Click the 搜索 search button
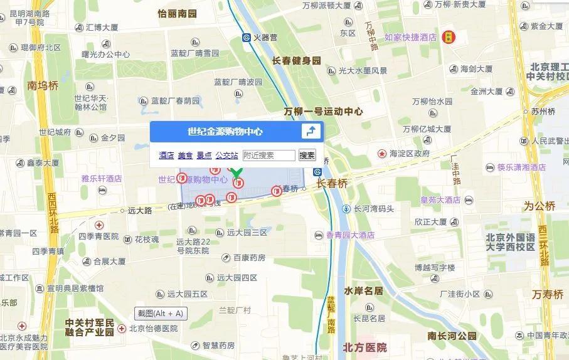[x=307, y=156]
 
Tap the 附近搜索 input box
[x=269, y=156]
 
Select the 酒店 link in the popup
[x=166, y=156]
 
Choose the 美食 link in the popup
[x=185, y=156]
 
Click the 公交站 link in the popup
[x=226, y=156]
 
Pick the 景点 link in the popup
[x=204, y=156]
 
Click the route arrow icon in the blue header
[x=311, y=131]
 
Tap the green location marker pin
[x=237, y=172]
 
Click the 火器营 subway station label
[x=265, y=38]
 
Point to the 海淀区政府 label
[x=409, y=153]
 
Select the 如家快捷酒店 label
[x=410, y=38]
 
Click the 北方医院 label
[x=364, y=347]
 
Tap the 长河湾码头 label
[x=373, y=209]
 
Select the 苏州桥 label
[x=543, y=112]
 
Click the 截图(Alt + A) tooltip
[x=161, y=314]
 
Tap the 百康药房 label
[x=249, y=258]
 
